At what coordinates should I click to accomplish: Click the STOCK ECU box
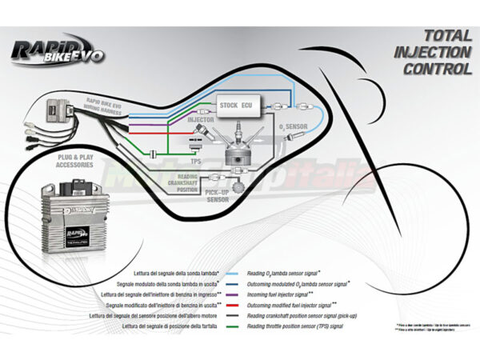pos(236,105)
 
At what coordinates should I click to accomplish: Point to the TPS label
pos(195,160)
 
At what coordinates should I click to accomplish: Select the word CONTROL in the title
pos(438,69)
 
